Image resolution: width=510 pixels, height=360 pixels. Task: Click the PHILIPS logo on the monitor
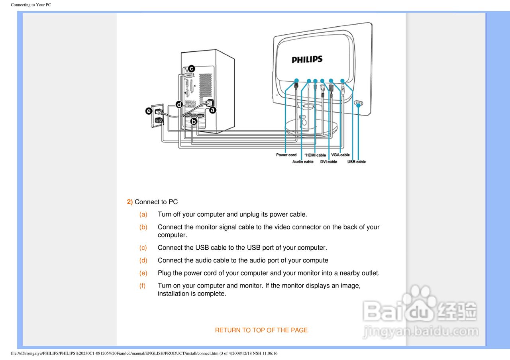307,59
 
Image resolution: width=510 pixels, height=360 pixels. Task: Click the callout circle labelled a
212,110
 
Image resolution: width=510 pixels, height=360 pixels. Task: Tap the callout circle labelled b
194,121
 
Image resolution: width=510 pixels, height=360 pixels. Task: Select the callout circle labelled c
191,68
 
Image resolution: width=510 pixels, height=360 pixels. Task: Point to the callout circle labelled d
179,104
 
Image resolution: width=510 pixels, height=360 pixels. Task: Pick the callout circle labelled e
149,111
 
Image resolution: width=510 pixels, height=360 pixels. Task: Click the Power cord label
286,155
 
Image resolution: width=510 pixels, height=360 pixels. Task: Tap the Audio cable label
303,162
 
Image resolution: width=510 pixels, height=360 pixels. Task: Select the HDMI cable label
316,155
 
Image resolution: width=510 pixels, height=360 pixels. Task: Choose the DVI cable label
329,162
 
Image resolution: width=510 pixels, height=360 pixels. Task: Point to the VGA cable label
340,155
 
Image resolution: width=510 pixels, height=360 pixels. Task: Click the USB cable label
356,162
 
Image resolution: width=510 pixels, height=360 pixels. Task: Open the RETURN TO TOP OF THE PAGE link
261,330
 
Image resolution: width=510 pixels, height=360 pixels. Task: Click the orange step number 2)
130,202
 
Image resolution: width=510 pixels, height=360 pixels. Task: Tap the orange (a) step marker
143,214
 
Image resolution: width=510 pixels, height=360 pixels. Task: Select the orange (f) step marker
143,286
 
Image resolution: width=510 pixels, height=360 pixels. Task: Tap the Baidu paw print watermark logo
416,297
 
